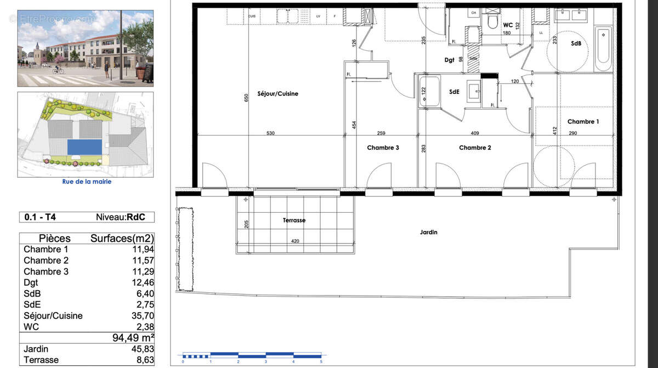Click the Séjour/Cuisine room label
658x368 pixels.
[277, 94]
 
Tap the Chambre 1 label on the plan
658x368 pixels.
[583, 121]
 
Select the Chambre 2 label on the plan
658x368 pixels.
[475, 148]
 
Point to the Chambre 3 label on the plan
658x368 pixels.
[383, 148]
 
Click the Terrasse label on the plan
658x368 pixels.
[294, 220]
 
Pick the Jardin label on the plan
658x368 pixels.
[429, 233]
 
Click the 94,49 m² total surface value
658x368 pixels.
[133, 338]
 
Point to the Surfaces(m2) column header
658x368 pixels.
[122, 239]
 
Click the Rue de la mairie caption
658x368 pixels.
[86, 182]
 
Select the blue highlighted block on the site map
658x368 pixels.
[84, 147]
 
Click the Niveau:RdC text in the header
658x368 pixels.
[121, 217]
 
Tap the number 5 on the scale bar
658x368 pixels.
[321, 362]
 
